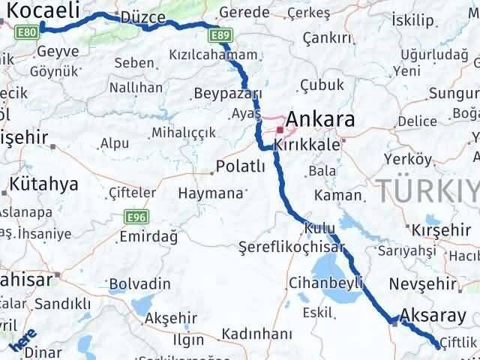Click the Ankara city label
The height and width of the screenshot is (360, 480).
(x=320, y=119)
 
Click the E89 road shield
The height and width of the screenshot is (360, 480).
(x=220, y=35)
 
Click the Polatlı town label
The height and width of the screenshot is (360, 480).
(x=240, y=166)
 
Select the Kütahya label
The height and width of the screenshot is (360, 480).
(x=44, y=184)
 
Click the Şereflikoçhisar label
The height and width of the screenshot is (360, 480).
(x=291, y=247)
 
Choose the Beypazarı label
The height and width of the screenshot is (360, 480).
(x=227, y=94)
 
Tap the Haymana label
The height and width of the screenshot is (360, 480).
(x=211, y=193)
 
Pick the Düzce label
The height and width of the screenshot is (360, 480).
(x=121, y=17)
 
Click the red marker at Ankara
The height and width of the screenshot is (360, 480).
(x=280, y=129)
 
